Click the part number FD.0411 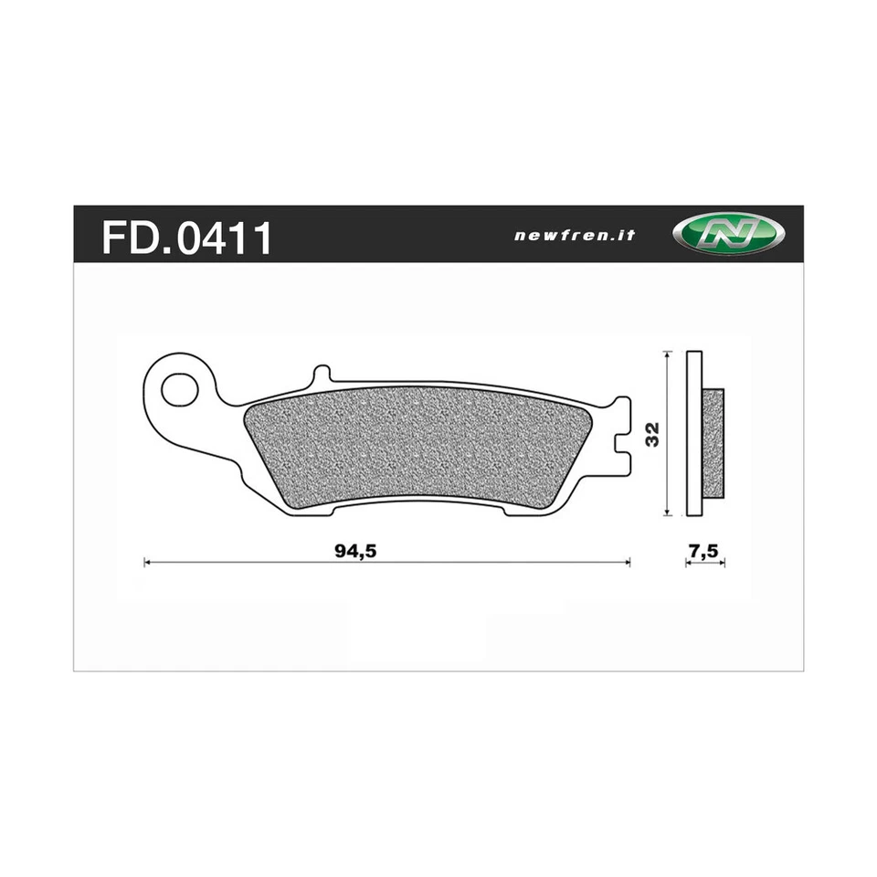pos(186,236)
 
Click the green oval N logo pos(729,234)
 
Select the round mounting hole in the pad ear pos(179,389)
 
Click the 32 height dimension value pos(650,435)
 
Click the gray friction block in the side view pos(713,443)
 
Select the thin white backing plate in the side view pos(694,434)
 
